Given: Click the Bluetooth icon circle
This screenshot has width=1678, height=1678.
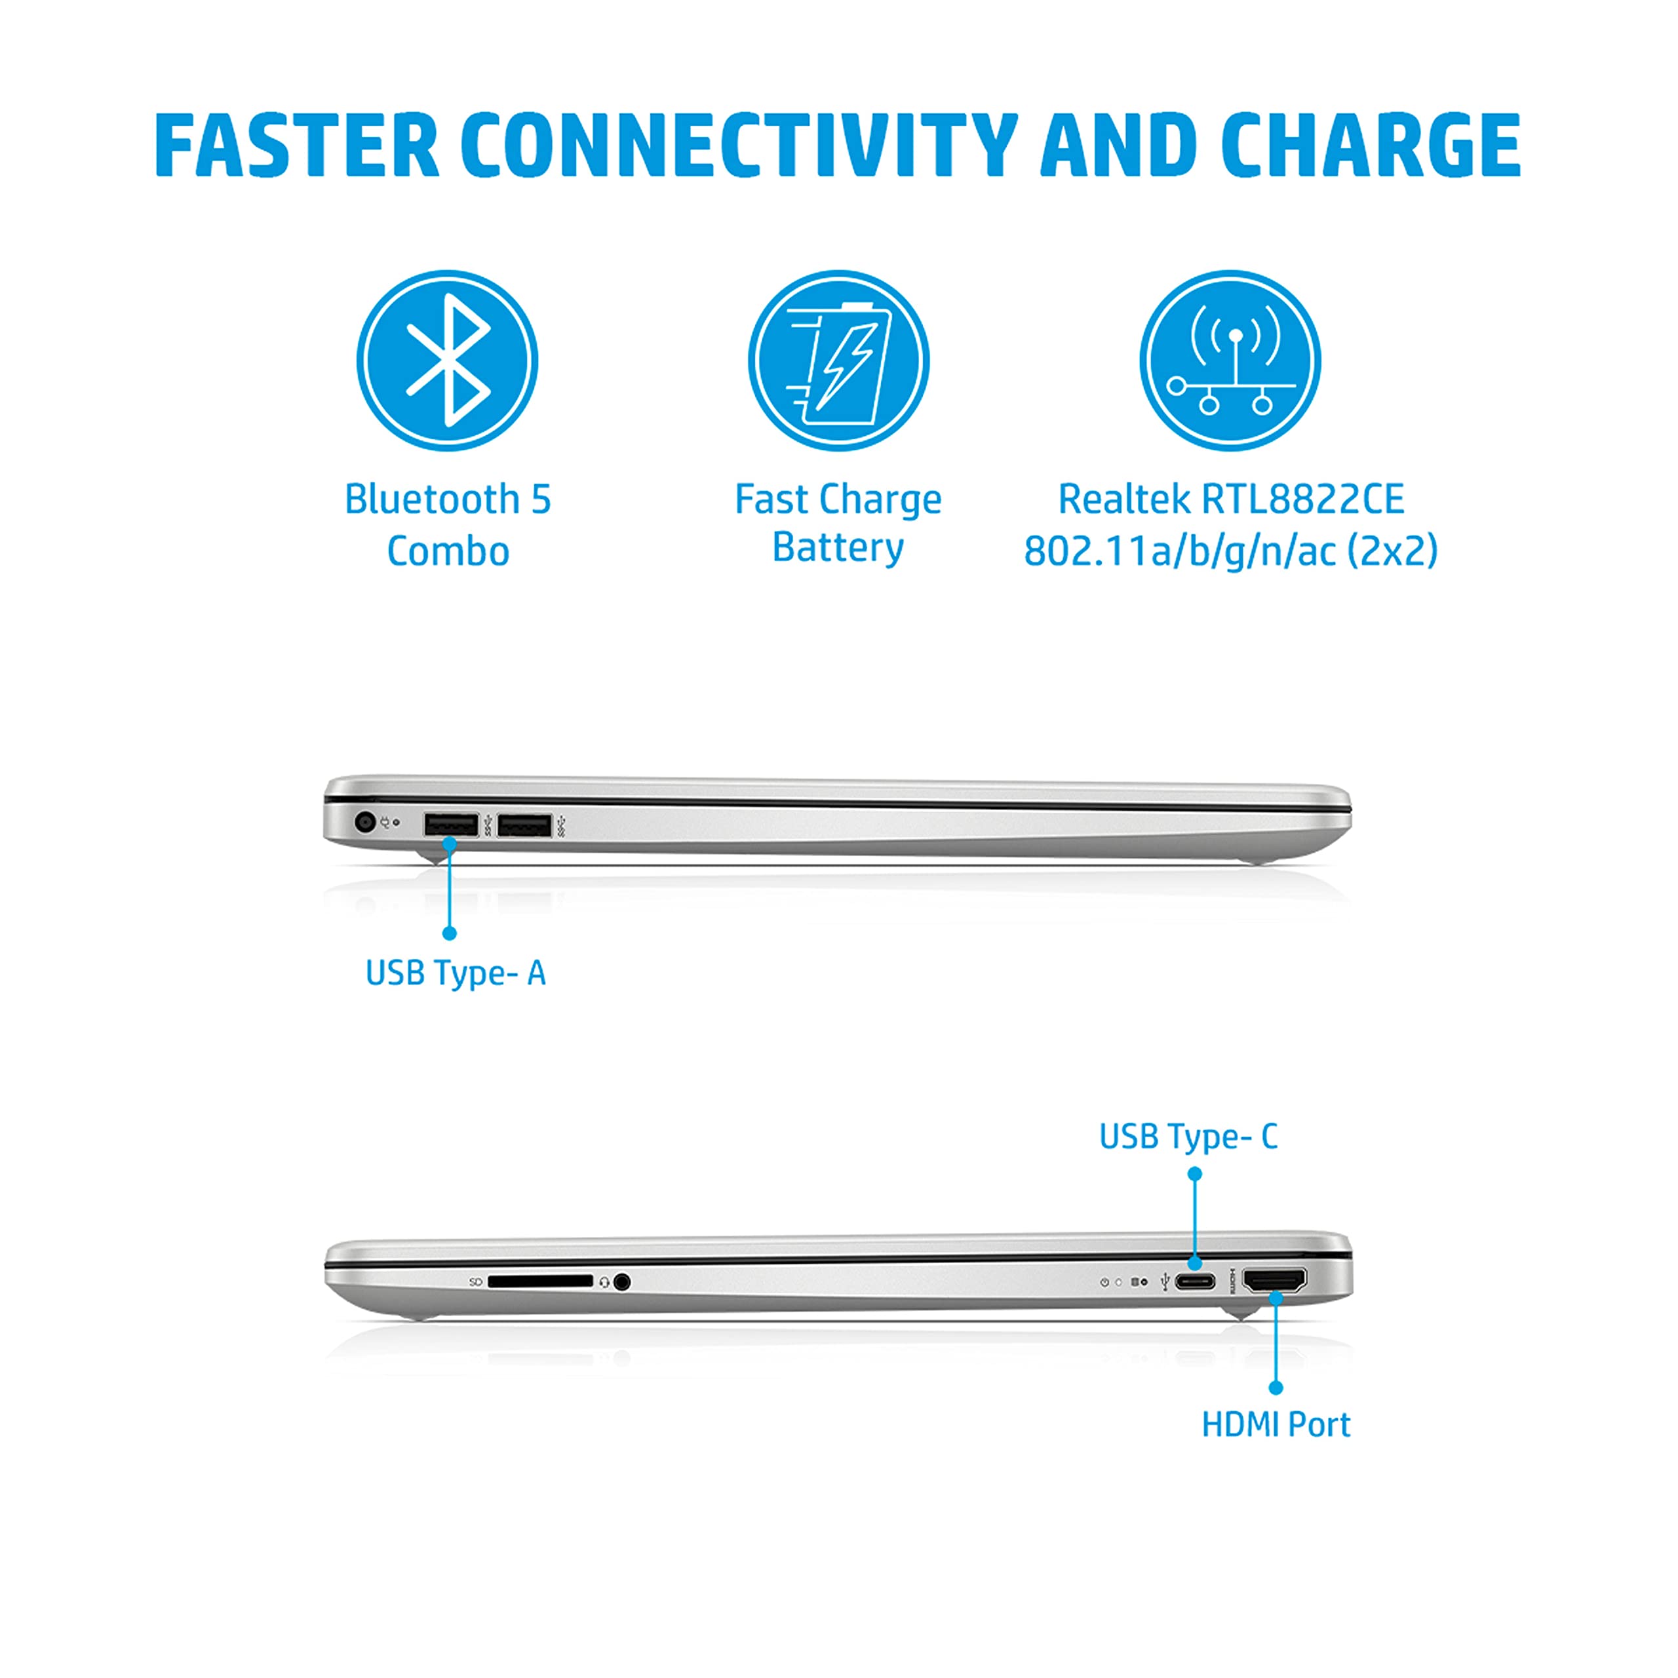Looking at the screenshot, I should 447,361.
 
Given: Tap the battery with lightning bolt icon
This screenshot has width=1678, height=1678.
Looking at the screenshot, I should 838,361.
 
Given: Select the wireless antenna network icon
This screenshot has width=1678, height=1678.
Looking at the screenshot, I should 1230,361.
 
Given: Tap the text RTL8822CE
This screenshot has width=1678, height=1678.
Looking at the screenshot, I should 1303,499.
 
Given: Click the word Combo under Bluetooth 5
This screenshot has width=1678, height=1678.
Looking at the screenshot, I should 447,551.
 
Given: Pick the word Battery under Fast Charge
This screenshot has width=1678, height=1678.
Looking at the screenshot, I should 838,548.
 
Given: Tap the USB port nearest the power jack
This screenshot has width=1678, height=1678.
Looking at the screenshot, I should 451,824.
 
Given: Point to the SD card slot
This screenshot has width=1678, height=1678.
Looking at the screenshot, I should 539,1281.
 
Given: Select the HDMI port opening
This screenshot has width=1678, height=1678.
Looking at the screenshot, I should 1274,1280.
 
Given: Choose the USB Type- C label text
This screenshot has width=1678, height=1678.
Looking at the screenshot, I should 1188,1137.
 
